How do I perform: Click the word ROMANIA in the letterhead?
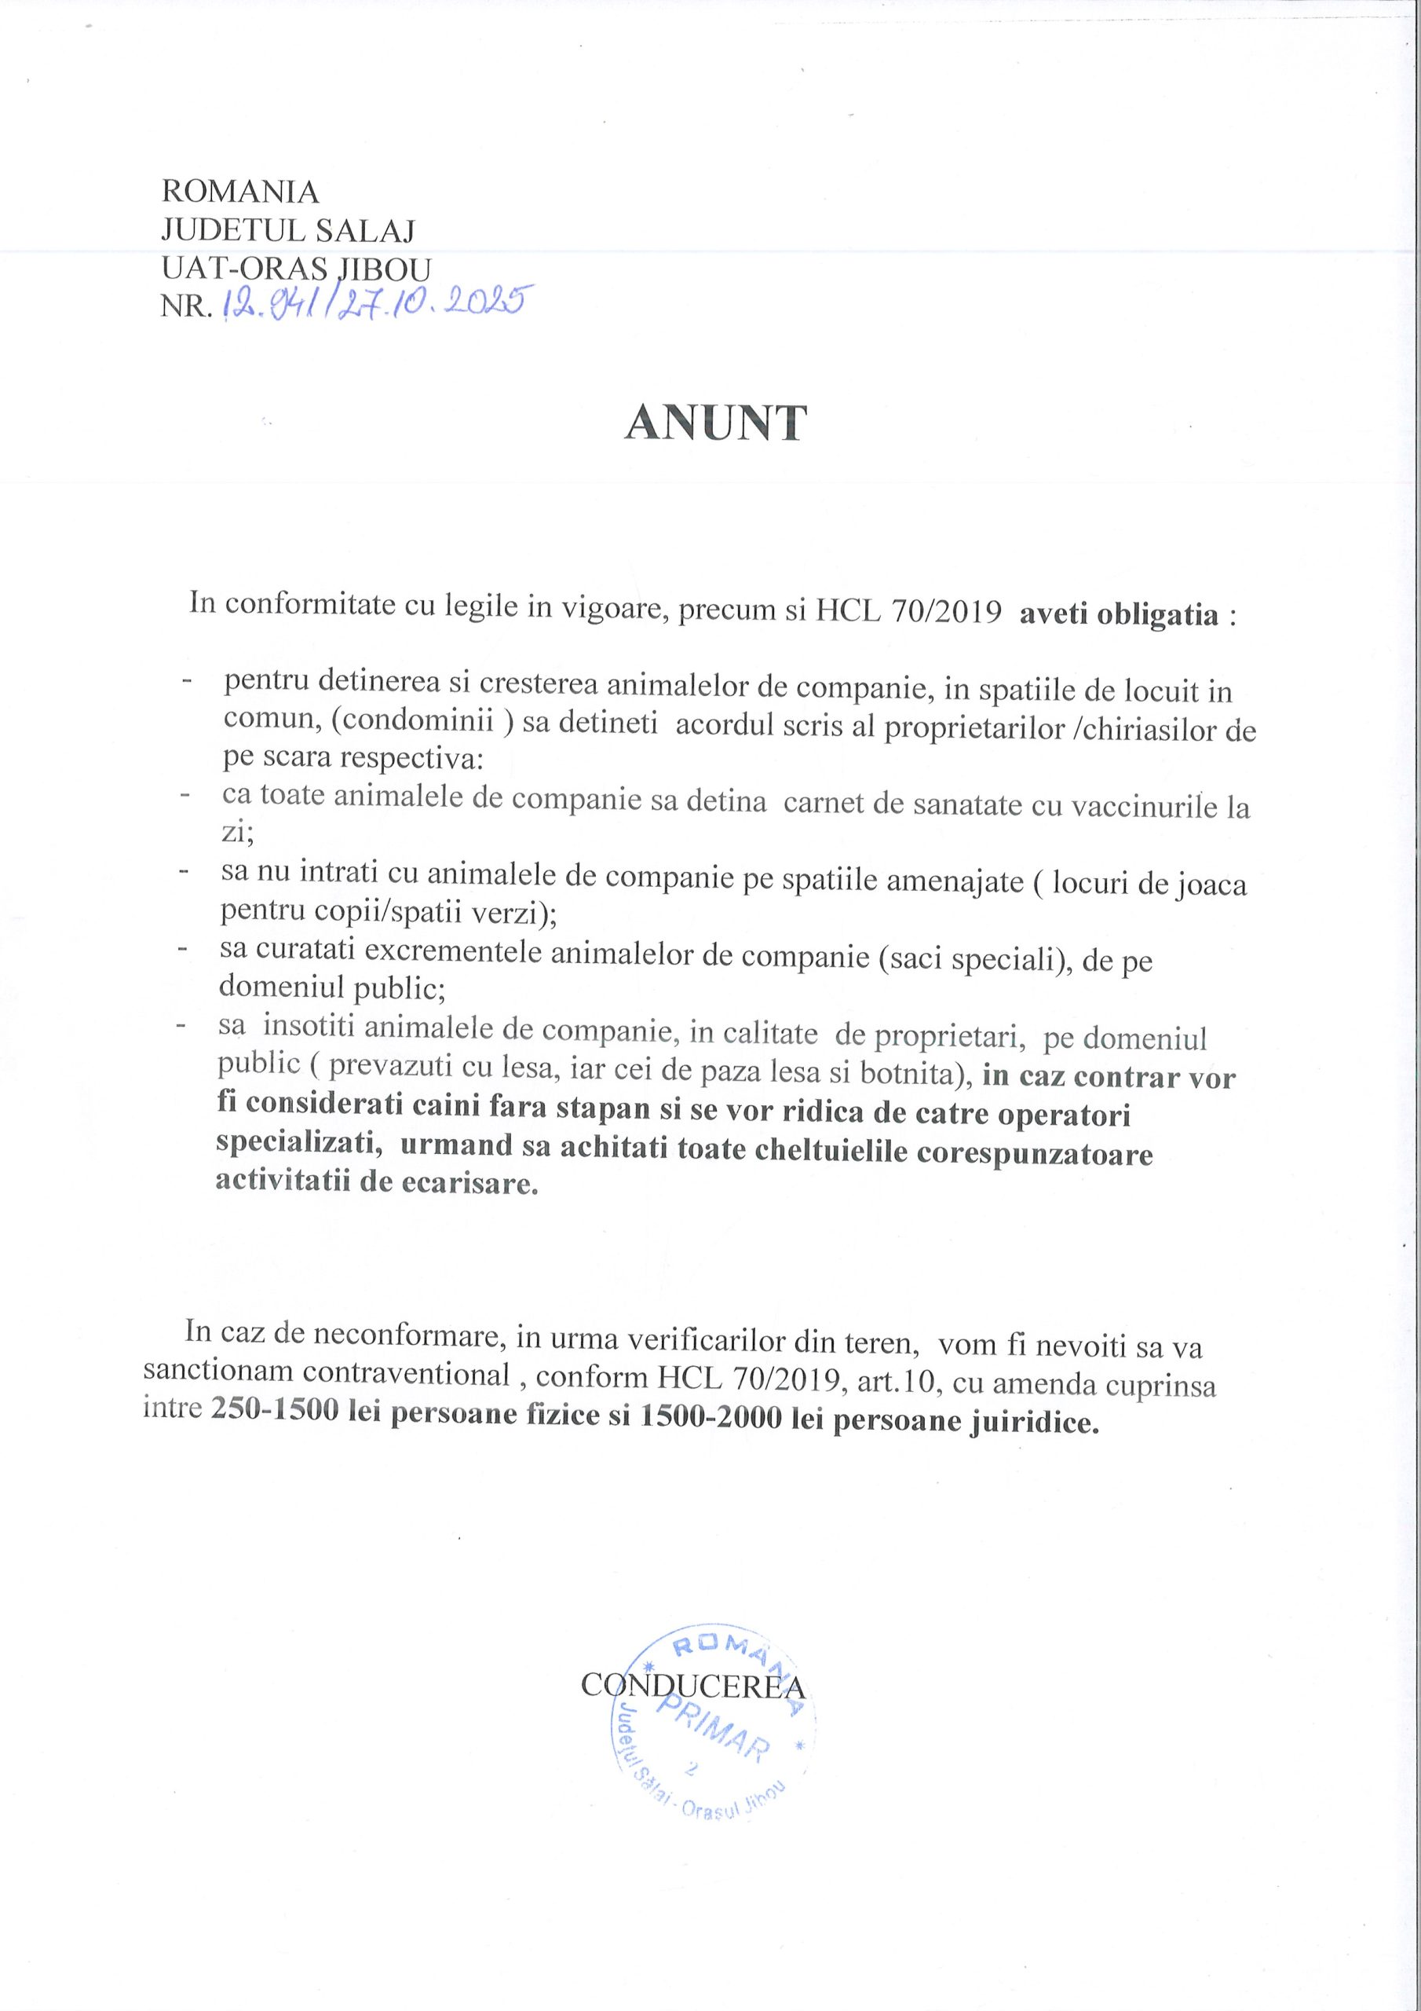[x=241, y=191]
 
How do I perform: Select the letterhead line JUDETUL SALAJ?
[x=288, y=230]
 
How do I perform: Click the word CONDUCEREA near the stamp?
[x=693, y=1687]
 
